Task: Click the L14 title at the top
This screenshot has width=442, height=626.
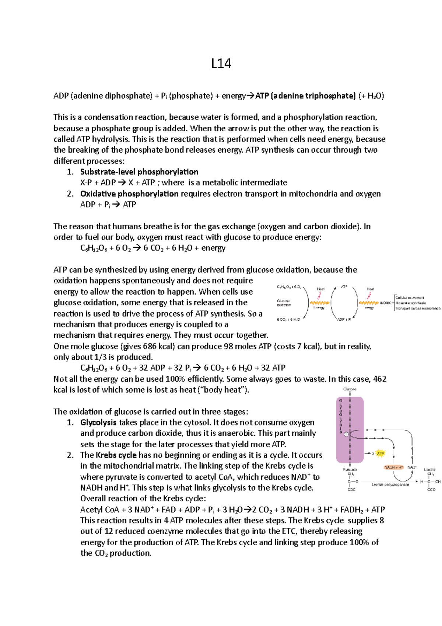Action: tap(221, 63)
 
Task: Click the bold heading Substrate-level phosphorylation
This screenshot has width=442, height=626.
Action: tap(139, 172)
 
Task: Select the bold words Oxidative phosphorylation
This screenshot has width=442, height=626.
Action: tap(129, 194)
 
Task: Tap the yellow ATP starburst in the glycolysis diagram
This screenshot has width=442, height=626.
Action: tap(380, 453)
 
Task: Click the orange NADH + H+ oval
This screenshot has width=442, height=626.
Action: tap(394, 467)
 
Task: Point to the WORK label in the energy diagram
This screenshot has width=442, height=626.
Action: tap(385, 303)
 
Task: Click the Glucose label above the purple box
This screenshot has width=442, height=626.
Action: tap(350, 389)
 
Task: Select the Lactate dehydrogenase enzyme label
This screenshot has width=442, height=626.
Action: tap(390, 484)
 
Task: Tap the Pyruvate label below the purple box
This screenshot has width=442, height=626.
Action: tap(350, 469)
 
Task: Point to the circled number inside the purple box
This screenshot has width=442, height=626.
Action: tap(346, 434)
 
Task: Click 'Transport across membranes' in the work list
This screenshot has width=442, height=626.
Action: tap(418, 308)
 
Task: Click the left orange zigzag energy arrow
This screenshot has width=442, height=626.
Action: tap(319, 303)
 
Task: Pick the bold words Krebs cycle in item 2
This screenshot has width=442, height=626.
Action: tap(116, 455)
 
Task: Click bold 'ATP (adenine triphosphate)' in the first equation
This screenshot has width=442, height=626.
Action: tap(305, 96)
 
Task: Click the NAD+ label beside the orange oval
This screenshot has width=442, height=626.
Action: tap(412, 467)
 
